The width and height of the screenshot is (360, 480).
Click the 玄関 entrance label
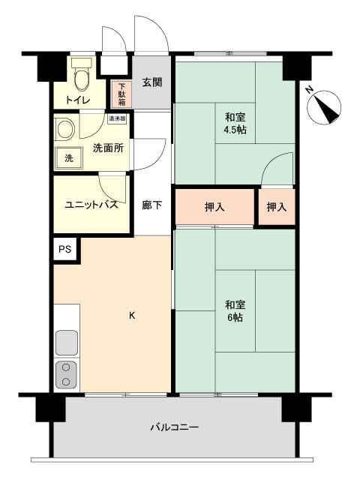(153, 82)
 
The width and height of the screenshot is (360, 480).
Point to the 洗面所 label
(108, 148)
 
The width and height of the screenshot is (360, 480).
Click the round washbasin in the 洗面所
(66, 128)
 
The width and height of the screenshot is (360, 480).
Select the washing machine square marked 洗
(69, 158)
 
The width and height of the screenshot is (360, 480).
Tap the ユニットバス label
(91, 205)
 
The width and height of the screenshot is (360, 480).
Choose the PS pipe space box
(65, 250)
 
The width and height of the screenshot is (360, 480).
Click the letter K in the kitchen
(132, 315)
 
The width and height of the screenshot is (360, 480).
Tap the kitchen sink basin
(67, 342)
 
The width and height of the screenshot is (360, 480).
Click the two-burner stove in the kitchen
(67, 374)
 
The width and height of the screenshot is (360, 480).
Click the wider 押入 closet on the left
(214, 207)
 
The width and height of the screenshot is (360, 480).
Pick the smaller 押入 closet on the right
(276, 207)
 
